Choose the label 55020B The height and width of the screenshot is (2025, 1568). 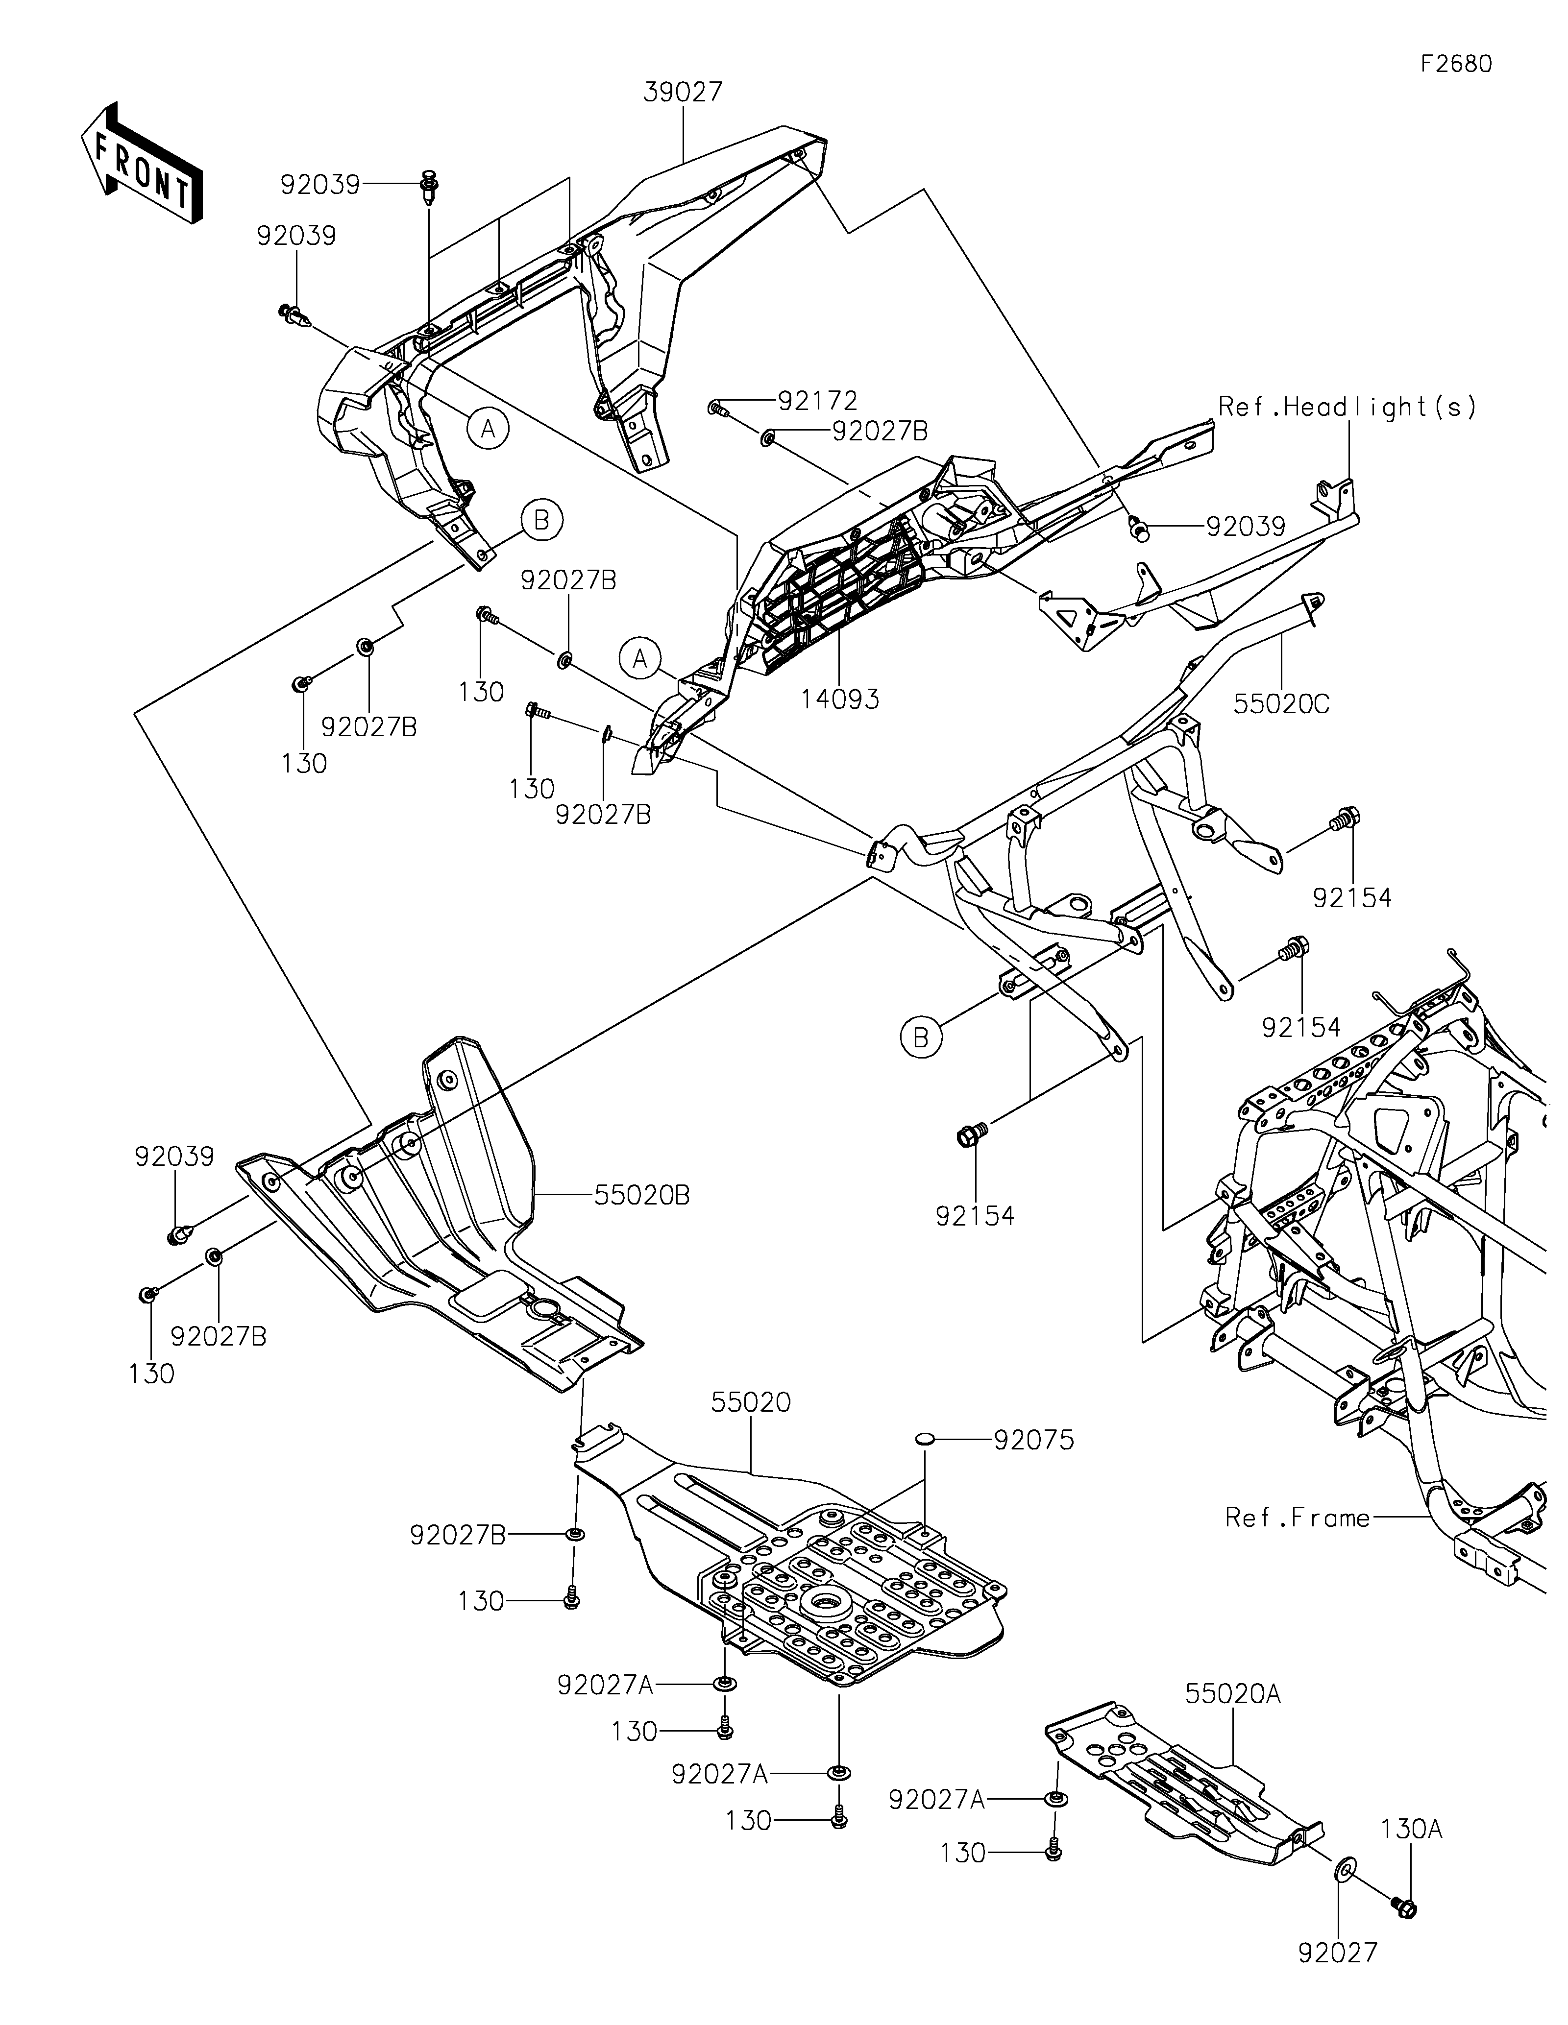(x=642, y=1196)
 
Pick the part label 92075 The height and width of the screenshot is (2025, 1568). (x=1034, y=1440)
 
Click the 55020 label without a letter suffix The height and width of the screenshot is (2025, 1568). (x=751, y=1403)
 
